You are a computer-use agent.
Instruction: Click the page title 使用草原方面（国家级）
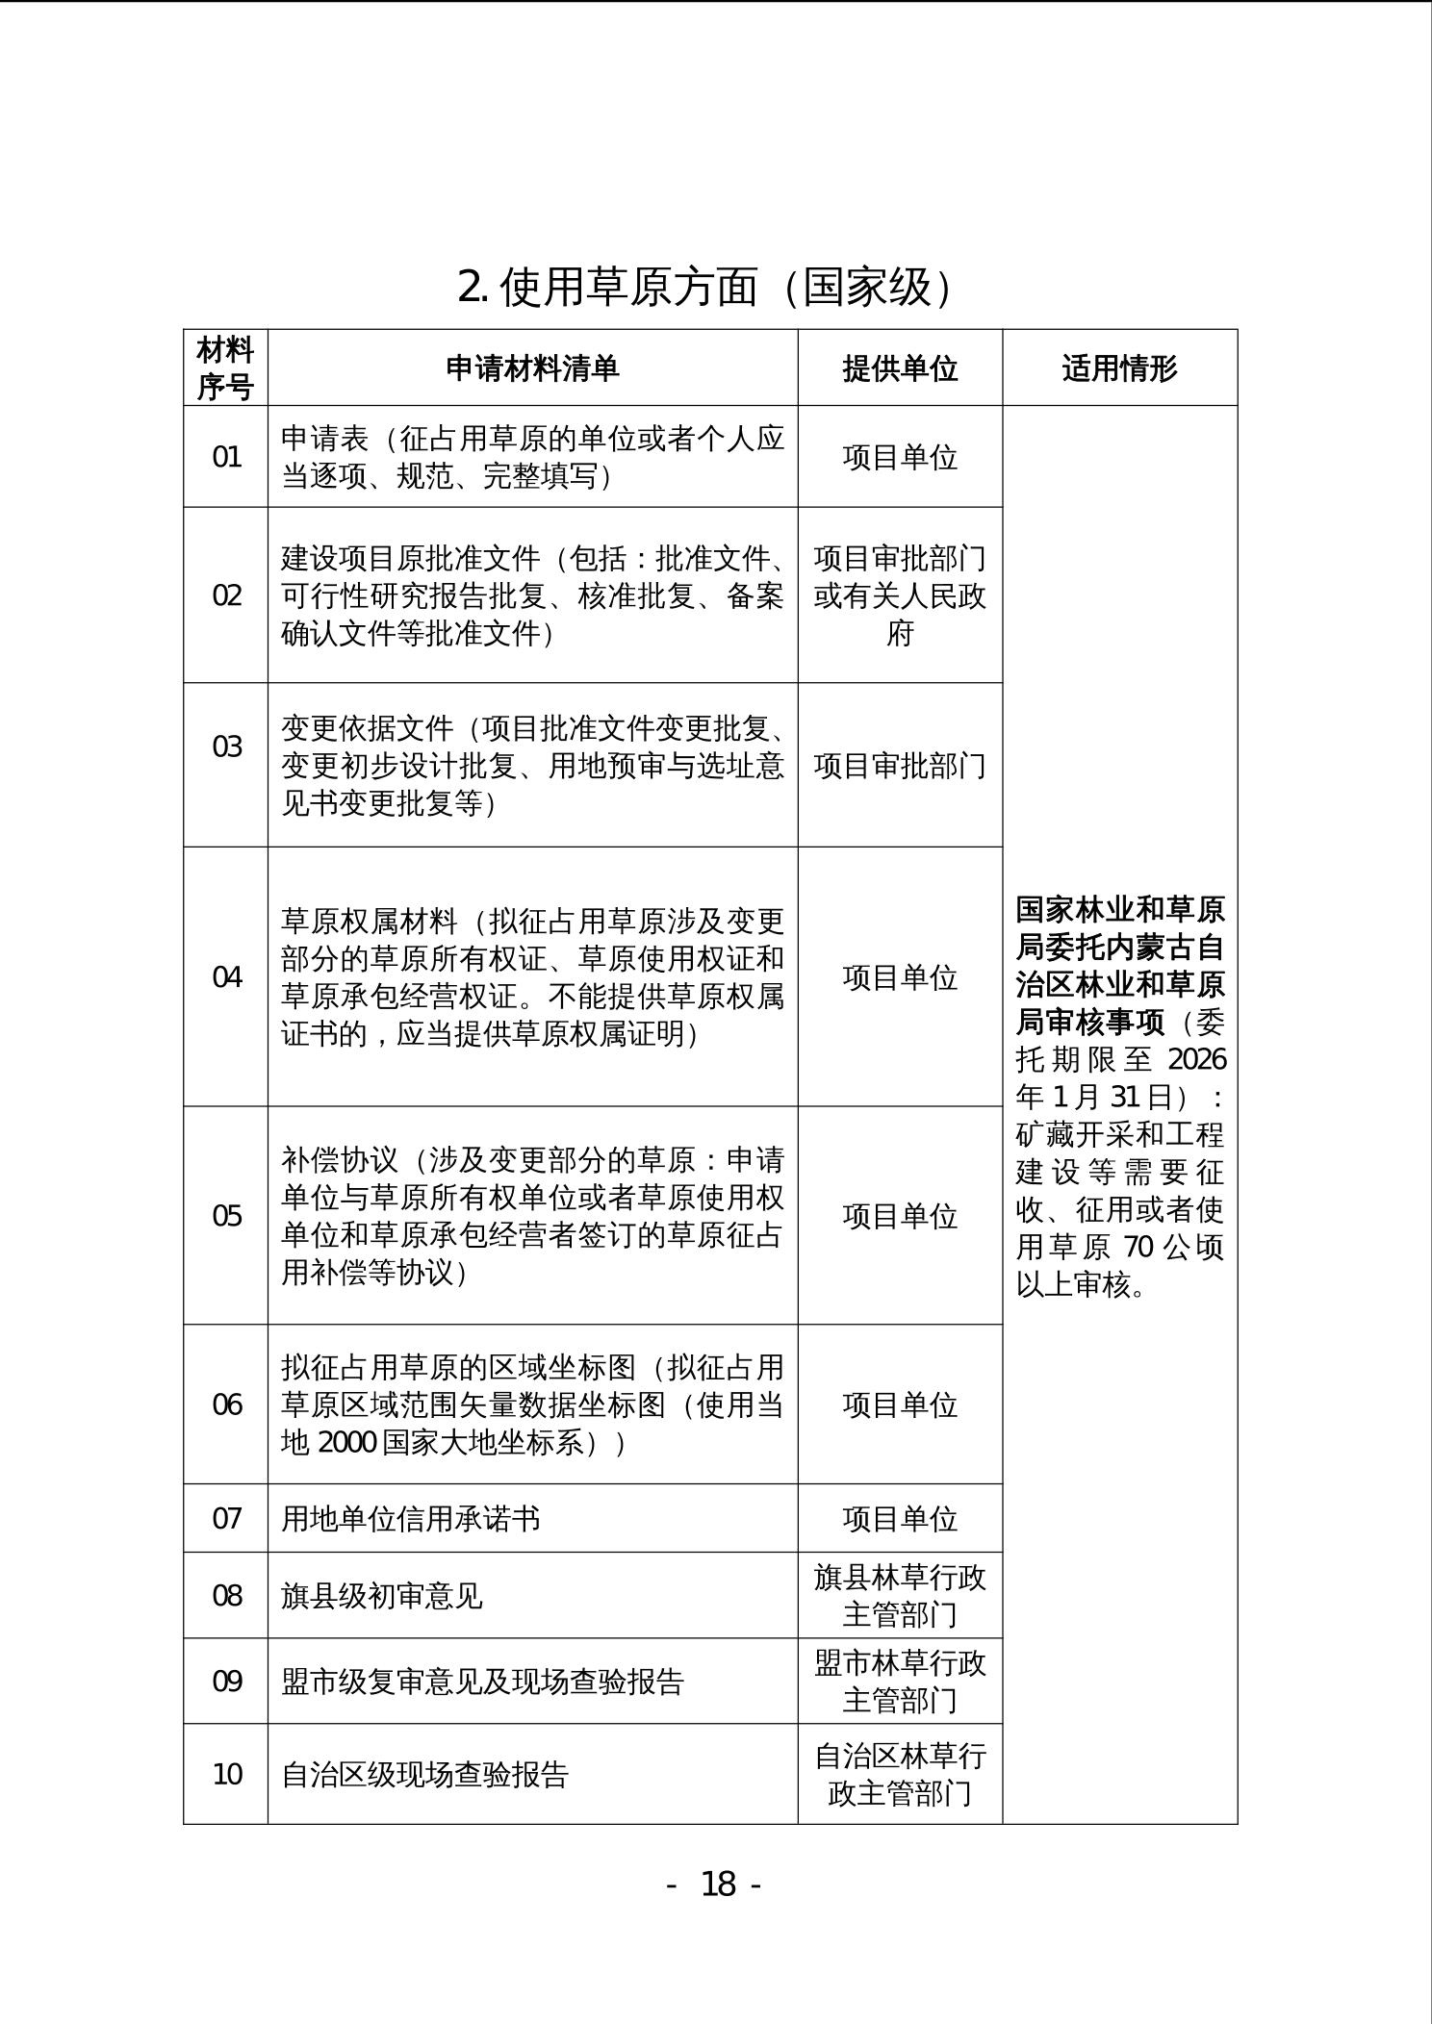(706, 287)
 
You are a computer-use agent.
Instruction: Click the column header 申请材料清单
(532, 368)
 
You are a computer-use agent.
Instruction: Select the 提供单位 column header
(900, 368)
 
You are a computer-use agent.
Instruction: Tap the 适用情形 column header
(1119, 368)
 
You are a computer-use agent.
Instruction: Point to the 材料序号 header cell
(225, 368)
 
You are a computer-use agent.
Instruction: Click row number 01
(226, 457)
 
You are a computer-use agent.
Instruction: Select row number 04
(226, 977)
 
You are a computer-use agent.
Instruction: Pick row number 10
(226, 1774)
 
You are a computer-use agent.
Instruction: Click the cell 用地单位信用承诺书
(411, 1519)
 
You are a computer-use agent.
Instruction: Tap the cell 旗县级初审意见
(382, 1597)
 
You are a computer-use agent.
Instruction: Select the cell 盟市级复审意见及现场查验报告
(482, 1682)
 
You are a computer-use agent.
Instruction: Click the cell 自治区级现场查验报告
(424, 1774)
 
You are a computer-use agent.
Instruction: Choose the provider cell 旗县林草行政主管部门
(900, 1596)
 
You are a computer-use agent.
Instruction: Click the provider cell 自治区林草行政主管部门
(900, 1774)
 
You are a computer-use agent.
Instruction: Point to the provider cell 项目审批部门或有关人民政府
(900, 595)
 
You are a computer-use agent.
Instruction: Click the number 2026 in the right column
(1196, 1059)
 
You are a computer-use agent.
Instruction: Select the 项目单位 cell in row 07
(900, 1519)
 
